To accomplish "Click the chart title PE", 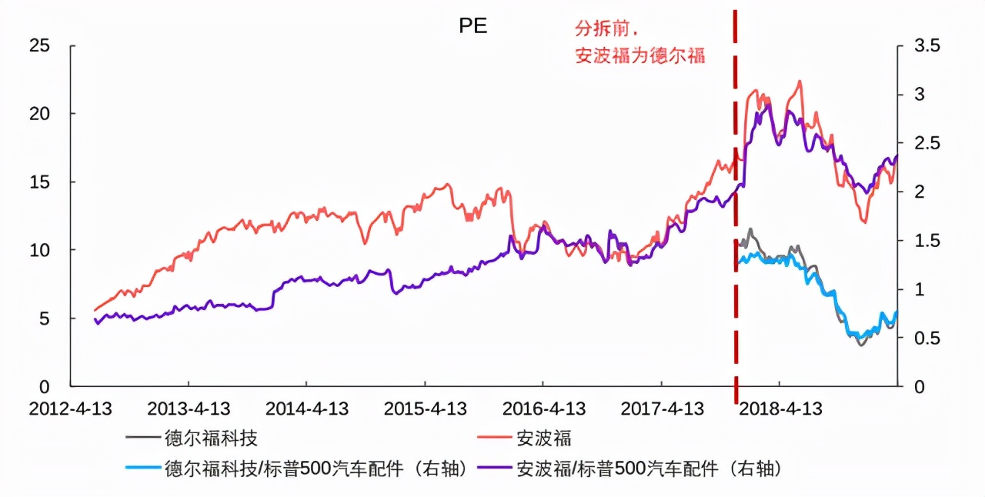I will point(473,25).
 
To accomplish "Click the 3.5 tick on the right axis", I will point(927,45).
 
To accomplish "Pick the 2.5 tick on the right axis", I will point(927,143).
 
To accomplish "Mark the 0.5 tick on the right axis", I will point(927,338).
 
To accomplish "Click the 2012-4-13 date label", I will point(70,409).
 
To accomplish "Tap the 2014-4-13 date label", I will point(306,409).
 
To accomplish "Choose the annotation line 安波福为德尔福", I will point(639,55).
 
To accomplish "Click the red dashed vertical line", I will point(735,231).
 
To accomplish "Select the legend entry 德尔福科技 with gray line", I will point(211,439).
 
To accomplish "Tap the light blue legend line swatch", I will point(142,467).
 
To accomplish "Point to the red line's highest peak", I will point(800,81).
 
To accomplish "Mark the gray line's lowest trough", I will point(861,345).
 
